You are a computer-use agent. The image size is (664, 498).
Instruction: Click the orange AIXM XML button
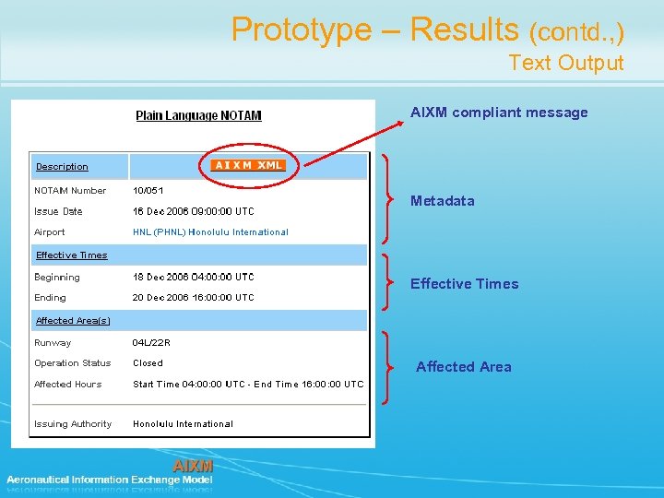[248, 165]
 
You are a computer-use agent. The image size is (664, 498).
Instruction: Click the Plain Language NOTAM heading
[198, 115]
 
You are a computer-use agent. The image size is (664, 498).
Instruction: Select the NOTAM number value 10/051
[148, 191]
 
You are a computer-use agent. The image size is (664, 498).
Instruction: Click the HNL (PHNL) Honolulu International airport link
[210, 232]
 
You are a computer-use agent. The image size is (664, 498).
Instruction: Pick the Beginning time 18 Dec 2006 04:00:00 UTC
[193, 277]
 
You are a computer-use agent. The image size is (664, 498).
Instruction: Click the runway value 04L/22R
[151, 343]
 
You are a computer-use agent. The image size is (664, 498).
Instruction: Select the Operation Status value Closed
[148, 363]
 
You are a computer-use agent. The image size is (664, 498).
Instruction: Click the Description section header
[62, 167]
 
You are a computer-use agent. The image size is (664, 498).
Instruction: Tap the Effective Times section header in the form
[71, 255]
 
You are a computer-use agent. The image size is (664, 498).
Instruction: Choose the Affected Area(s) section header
[73, 321]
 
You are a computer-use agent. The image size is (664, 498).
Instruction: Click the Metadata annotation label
[443, 201]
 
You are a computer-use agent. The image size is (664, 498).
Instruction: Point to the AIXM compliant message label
[499, 113]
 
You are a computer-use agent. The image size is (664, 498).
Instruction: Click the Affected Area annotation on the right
[463, 367]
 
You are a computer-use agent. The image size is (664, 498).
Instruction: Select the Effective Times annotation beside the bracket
[464, 284]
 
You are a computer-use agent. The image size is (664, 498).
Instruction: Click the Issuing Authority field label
[73, 424]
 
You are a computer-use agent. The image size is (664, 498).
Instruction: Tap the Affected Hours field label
[68, 385]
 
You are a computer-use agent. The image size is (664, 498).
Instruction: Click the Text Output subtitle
[566, 64]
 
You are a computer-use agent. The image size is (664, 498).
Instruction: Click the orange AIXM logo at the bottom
[193, 466]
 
